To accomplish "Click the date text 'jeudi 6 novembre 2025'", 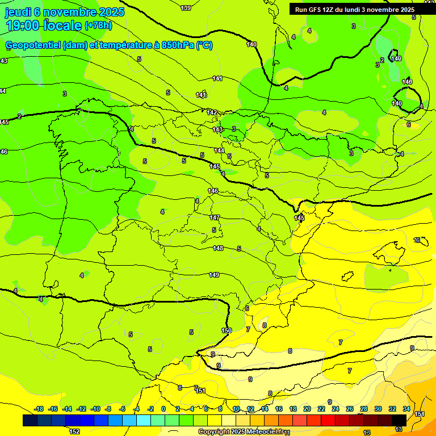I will tap(65, 12).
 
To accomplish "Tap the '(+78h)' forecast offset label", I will tap(98, 26).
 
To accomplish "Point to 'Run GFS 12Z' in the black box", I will tap(313, 10).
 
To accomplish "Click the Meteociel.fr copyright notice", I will tap(241, 431).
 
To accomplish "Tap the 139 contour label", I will tap(186, 8).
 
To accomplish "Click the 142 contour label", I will tap(212, 112).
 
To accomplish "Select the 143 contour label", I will tap(217, 130).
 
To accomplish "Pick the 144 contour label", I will tap(219, 150).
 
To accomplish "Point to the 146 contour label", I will tap(213, 191).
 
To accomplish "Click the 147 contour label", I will tap(215, 217).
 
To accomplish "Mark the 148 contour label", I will tap(218, 248).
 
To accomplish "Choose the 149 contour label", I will tap(214, 275).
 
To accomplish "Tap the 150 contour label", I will tap(227, 330).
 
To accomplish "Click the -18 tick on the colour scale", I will tap(39, 409).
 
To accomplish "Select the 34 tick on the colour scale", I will tap(406, 409).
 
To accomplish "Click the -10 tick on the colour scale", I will tap(95, 409).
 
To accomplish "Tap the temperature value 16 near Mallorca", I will tap(417, 240).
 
